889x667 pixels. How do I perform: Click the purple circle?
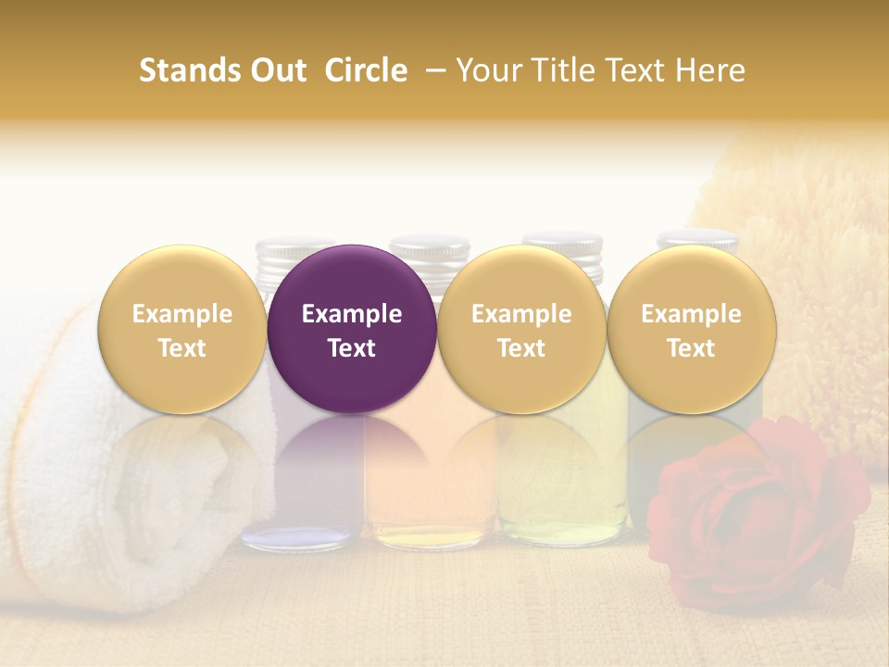(x=352, y=329)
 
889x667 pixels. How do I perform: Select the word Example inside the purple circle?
(x=352, y=314)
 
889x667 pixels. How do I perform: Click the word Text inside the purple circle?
(x=352, y=348)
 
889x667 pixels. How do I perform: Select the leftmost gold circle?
(x=182, y=329)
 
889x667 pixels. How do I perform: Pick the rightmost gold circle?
(x=692, y=329)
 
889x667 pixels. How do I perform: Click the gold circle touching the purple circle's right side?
(x=521, y=329)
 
